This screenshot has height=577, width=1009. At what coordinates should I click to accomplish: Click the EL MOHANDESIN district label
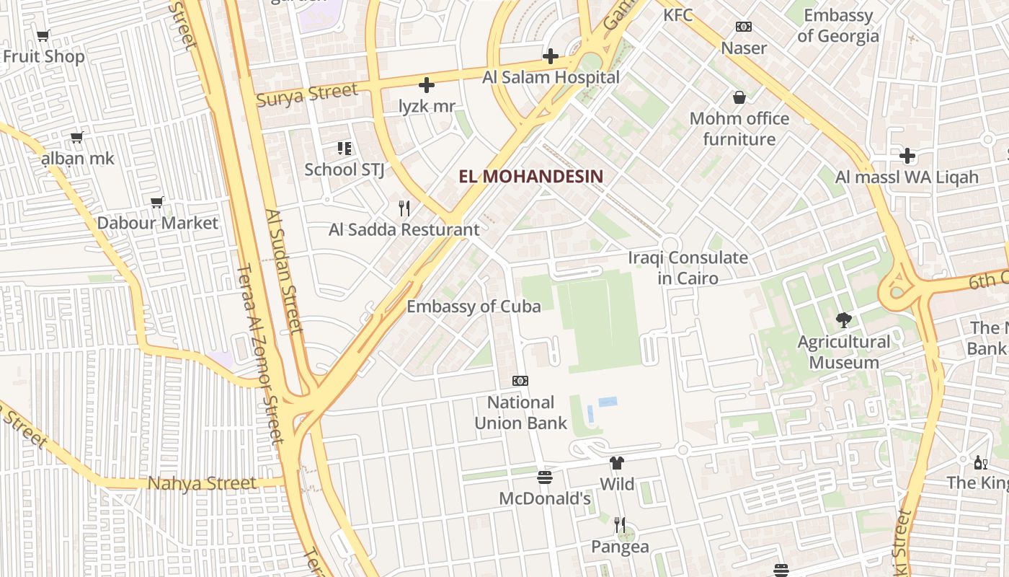530,177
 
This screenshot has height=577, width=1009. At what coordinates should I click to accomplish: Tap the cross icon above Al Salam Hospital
551,56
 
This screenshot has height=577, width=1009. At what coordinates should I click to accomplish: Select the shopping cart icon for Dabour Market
157,203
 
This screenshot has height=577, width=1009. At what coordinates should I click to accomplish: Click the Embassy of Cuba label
474,307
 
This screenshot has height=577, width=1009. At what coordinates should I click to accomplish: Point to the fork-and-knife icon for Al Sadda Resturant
404,208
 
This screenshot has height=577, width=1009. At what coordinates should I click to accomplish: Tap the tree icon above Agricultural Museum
843,320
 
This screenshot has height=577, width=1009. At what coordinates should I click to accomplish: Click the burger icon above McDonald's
545,477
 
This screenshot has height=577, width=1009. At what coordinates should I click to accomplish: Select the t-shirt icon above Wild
617,463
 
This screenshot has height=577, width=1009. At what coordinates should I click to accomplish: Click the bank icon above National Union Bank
520,381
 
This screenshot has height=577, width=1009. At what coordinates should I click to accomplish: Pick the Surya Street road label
307,94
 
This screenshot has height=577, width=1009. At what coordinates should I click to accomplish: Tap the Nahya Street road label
202,483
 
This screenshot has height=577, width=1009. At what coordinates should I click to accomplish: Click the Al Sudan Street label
284,270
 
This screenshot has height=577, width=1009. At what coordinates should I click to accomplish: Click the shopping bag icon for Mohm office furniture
739,97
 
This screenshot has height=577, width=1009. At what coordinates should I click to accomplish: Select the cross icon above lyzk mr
427,86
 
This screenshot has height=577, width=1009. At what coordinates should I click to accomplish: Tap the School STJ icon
345,149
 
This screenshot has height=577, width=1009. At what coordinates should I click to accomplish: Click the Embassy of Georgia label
838,25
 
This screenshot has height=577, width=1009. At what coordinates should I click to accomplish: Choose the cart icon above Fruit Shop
43,35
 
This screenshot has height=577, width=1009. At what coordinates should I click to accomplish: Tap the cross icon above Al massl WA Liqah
907,156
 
